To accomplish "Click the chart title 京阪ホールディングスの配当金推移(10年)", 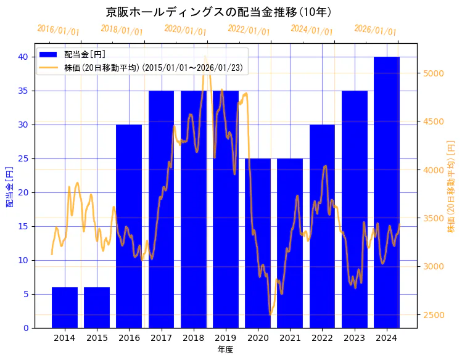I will click(x=218, y=12).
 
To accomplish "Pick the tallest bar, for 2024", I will click(x=387, y=192).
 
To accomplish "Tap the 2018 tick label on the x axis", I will click(x=193, y=338).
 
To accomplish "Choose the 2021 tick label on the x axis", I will click(x=290, y=338).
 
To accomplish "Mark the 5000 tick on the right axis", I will click(x=434, y=73).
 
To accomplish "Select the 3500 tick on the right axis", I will click(x=434, y=218).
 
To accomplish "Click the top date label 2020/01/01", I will click(x=186, y=30).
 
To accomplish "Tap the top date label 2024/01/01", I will click(x=312, y=30).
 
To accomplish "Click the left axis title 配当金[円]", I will click(x=9, y=187).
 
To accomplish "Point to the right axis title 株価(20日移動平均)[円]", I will click(x=451, y=187).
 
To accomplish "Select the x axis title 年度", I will click(x=225, y=350).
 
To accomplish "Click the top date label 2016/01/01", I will click(x=59, y=30).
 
